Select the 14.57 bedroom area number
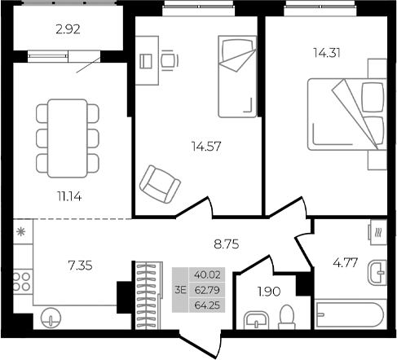(x=206, y=147)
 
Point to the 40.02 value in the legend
(x=206, y=274)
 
